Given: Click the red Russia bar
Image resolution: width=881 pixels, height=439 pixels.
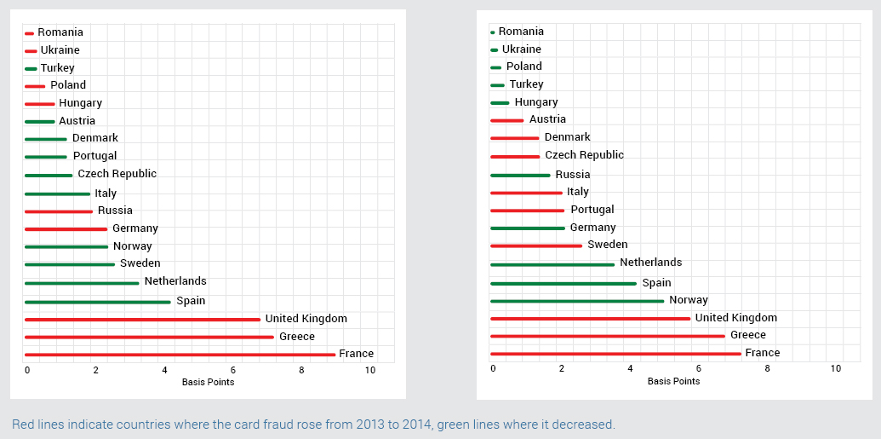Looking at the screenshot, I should pos(59,211).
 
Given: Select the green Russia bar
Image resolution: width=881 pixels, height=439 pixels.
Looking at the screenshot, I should pos(520,175).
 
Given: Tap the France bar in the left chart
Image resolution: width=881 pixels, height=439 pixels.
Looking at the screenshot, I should pos(180,355).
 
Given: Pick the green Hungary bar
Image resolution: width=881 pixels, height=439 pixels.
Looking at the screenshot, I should pos(500,103).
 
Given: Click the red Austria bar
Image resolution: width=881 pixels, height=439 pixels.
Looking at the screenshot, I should pos(506,120).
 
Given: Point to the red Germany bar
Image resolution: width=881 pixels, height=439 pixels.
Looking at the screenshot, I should pos(66,229).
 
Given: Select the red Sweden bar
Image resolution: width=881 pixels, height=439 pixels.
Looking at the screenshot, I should pos(536,245).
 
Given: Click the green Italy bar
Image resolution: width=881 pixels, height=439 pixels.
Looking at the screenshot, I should pos(57,194).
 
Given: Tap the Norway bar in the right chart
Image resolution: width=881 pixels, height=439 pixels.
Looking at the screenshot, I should pos(577,301).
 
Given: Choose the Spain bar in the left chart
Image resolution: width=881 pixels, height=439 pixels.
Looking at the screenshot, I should pos(97,302).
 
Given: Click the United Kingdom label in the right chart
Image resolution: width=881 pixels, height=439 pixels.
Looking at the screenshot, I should pos(735,318).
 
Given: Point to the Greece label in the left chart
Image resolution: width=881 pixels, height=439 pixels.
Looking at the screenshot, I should pos(296,336).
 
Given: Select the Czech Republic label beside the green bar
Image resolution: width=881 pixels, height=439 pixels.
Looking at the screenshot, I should pos(117,174).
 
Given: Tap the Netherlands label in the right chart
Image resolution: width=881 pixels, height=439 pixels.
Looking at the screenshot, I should pos(650,263).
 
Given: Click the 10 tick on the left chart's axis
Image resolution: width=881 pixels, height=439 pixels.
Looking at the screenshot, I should pos(369,371).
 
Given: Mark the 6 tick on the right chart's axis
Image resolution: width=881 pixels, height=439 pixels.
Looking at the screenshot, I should pos(698,368).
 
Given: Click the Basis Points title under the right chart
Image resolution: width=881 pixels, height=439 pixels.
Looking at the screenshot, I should pos(673,381).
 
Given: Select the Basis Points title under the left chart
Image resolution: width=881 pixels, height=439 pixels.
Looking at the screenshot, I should pos(208,382).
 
